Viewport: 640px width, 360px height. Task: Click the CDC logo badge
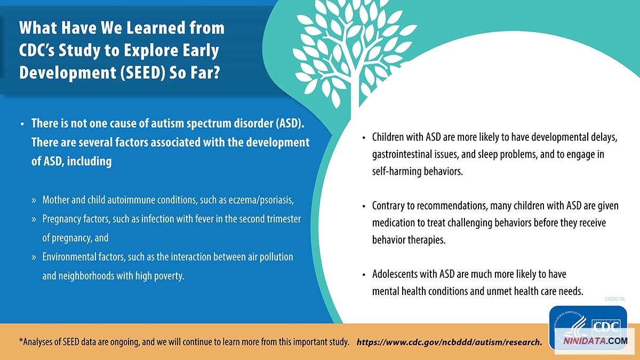click(x=588, y=328)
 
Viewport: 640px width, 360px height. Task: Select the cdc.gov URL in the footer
click(x=450, y=342)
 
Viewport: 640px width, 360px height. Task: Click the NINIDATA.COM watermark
click(x=595, y=341)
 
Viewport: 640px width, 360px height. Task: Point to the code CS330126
click(x=614, y=299)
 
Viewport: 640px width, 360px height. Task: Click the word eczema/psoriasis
click(x=261, y=200)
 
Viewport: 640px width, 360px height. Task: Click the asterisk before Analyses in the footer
click(x=21, y=340)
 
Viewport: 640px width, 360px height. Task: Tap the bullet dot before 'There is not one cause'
click(x=22, y=124)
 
